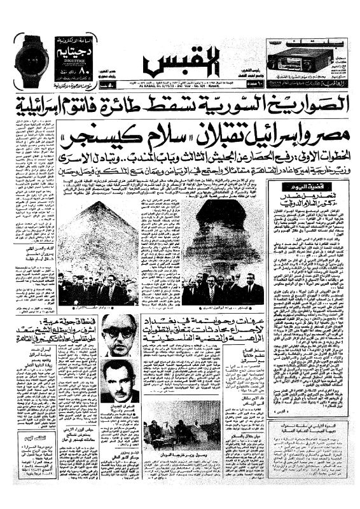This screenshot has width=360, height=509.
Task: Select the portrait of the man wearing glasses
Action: click(120, 335)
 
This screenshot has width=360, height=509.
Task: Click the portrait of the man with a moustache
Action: click(120, 380)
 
